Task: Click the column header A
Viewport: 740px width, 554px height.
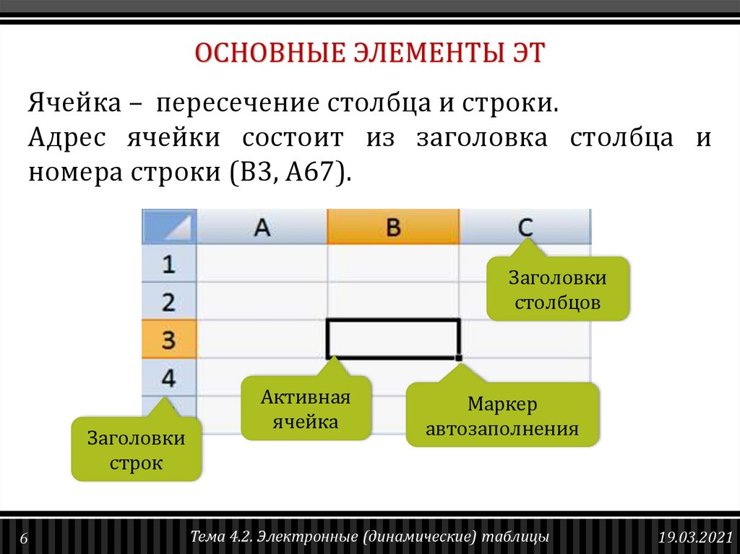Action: [262, 228]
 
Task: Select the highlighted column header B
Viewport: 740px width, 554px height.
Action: [392, 228]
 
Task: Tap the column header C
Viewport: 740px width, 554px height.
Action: [525, 228]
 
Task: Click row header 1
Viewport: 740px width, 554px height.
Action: [168, 264]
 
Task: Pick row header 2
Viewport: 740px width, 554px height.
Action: [168, 302]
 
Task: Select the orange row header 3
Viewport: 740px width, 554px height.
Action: [168, 339]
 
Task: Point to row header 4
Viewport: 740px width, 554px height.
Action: [168, 378]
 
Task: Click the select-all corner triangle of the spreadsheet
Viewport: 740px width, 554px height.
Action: [171, 227]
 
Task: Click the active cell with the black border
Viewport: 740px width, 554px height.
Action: [392, 339]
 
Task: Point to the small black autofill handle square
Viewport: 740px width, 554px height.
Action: [459, 357]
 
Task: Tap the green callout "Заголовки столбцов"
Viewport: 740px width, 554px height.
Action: [557, 290]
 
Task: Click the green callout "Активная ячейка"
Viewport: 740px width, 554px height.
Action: [305, 410]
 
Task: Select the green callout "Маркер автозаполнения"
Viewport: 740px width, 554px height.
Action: [502, 416]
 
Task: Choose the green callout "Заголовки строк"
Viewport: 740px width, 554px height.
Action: [136, 450]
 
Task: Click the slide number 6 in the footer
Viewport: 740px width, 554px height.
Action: [23, 539]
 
